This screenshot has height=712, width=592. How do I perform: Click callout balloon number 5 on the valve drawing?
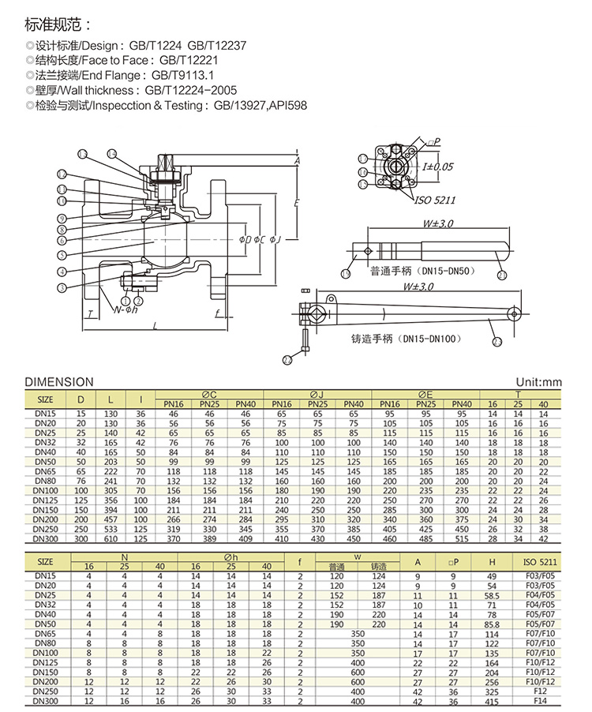(62, 254)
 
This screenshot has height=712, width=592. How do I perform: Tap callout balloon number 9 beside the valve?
(62, 217)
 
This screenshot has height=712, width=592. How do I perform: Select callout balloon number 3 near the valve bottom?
(62, 287)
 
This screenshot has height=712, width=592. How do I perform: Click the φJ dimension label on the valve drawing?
(272, 239)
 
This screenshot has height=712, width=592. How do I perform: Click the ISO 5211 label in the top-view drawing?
(435, 200)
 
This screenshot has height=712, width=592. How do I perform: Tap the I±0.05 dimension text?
(437, 167)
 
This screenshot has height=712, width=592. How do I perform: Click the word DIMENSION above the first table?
(59, 382)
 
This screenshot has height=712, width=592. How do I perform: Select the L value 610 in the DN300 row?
(111, 538)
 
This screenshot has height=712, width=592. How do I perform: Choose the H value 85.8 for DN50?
(493, 623)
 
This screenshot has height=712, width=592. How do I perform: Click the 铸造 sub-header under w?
(378, 566)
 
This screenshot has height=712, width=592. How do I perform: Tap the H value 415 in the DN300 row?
(493, 700)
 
